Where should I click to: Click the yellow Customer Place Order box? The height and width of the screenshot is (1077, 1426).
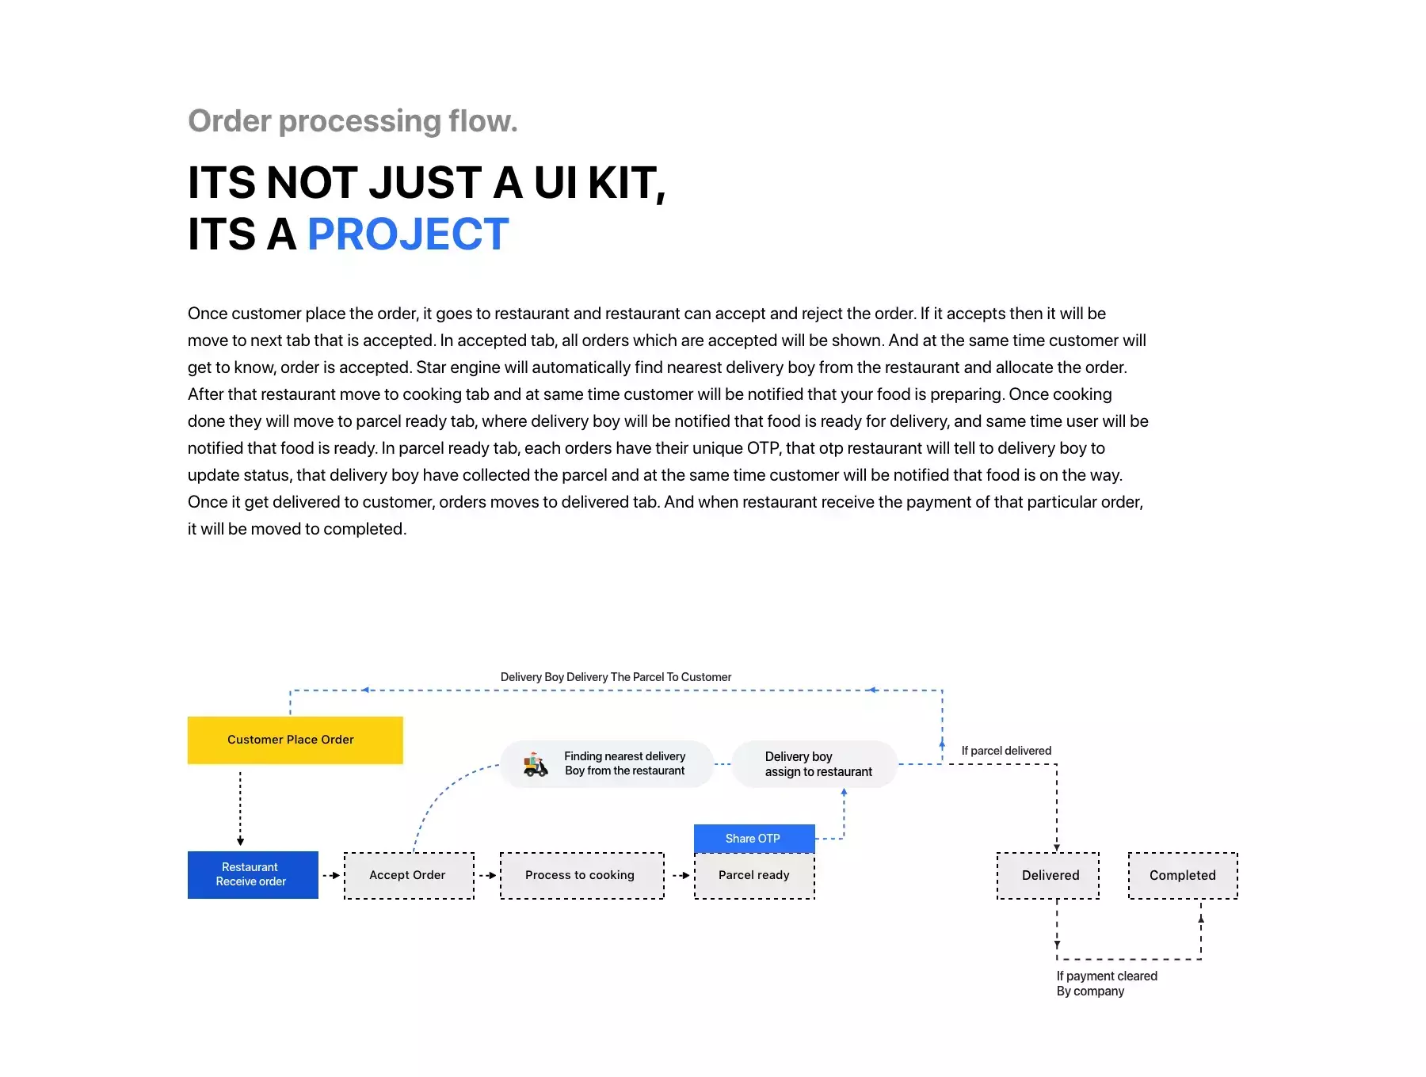pyautogui.click(x=295, y=740)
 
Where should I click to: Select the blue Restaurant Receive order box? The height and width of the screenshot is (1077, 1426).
pyautogui.click(x=253, y=874)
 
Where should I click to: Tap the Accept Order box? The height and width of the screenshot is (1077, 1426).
pyautogui.click(x=409, y=875)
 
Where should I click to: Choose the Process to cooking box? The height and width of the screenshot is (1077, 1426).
pyautogui.click(x=581, y=875)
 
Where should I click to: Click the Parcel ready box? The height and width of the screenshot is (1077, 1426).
pyautogui.click(x=754, y=875)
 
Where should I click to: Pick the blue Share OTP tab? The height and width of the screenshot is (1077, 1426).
pyautogui.click(x=754, y=838)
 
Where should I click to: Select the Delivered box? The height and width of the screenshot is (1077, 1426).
pyautogui.click(x=1048, y=875)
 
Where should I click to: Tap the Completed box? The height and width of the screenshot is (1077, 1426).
pyautogui.click(x=1183, y=875)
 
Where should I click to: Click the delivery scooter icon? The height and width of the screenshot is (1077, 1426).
pyautogui.click(x=536, y=764)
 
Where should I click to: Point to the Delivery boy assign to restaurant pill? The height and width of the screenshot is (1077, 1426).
pyautogui.click(x=814, y=764)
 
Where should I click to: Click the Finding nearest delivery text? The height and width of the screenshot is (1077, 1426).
pyautogui.click(x=625, y=756)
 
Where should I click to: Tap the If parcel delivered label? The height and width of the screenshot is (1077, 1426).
pyautogui.click(x=1006, y=751)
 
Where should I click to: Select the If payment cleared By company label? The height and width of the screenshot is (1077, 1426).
pyautogui.click(x=1107, y=984)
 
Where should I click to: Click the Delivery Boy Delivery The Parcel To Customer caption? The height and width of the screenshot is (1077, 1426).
pyautogui.click(x=616, y=677)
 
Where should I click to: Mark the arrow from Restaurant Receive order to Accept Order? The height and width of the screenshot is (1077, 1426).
pyautogui.click(x=331, y=875)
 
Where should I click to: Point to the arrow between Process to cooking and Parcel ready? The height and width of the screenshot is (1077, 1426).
pyautogui.click(x=681, y=875)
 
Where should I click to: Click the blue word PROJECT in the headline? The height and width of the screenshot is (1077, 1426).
pyautogui.click(x=408, y=234)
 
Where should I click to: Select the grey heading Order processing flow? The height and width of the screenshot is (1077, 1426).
pyautogui.click(x=353, y=121)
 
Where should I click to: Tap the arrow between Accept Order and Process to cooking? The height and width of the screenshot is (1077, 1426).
pyautogui.click(x=487, y=875)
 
